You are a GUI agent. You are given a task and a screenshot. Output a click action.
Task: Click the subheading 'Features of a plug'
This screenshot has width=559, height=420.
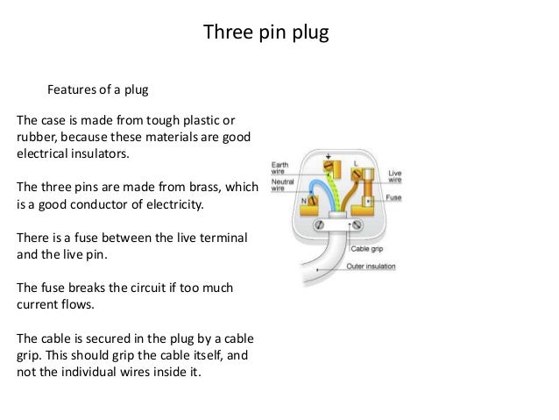(x=98, y=89)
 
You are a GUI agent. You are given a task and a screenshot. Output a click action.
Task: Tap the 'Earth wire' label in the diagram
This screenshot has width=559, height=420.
(x=279, y=167)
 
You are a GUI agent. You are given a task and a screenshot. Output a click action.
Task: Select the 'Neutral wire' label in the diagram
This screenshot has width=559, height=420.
(x=282, y=184)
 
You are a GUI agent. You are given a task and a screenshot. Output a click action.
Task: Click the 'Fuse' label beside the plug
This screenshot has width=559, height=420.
(x=394, y=198)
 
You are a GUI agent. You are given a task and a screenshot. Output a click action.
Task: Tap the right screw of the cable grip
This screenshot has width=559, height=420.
(x=356, y=224)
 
